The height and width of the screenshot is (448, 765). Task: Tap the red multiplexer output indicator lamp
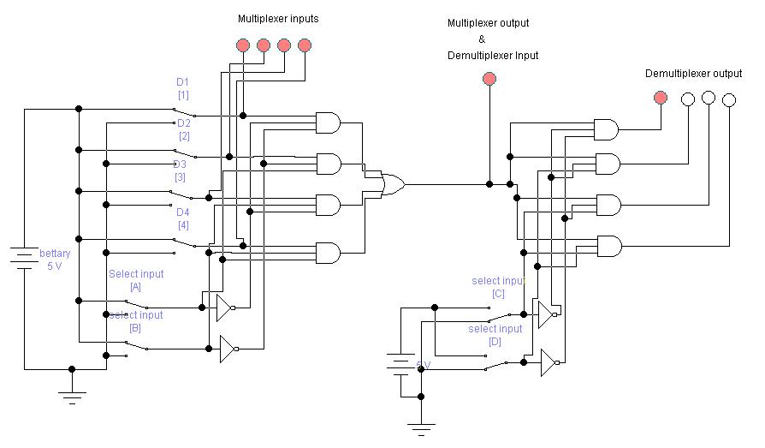489,80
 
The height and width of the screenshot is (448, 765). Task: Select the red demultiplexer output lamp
660,99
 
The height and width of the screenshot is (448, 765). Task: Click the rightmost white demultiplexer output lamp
728,100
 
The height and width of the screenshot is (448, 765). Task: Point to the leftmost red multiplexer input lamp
243,45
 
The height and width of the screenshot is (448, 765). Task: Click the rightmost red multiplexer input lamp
305,45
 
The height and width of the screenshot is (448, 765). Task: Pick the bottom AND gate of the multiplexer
328,253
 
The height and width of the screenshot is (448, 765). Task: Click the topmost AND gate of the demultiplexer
607,129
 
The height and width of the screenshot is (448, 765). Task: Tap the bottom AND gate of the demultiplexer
608,247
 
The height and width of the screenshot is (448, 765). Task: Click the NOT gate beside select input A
224,308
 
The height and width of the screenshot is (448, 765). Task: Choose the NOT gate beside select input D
549,362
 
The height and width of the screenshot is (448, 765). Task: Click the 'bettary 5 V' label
55,260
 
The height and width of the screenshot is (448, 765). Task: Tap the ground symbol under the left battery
72,395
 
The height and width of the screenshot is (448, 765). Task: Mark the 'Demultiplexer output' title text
693,74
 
